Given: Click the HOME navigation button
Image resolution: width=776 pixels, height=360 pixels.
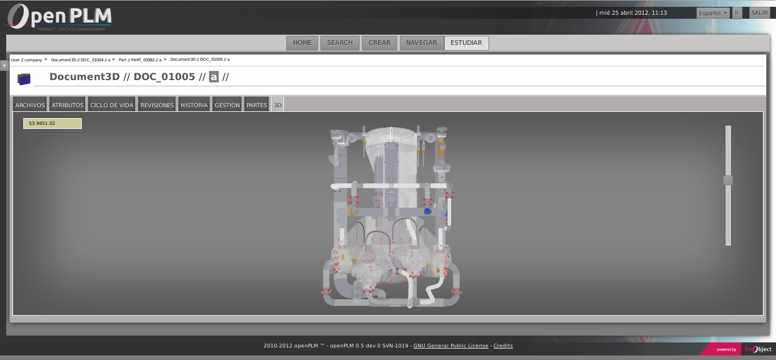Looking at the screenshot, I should [x=302, y=43].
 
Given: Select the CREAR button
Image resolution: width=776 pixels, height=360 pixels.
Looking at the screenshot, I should [x=379, y=43].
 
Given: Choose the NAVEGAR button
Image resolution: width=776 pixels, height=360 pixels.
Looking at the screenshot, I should [x=422, y=43].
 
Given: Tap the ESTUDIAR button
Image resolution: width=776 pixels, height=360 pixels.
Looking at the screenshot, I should [x=466, y=43].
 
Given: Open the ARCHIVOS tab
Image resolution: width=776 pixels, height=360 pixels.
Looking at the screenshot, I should [x=30, y=105].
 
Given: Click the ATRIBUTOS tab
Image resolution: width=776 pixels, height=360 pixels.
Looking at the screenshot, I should [x=68, y=105].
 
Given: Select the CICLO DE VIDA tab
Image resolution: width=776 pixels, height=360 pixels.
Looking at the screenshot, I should [x=112, y=105].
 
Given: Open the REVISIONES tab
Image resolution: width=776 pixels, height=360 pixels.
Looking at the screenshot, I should [x=157, y=105].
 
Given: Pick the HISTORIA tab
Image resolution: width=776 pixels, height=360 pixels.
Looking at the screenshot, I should [x=194, y=105].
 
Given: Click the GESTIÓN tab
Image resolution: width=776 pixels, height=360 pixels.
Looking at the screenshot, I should [x=227, y=105].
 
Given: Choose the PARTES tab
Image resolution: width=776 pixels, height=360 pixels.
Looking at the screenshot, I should [x=257, y=105].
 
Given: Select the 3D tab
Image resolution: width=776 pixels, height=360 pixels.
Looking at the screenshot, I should [x=278, y=105].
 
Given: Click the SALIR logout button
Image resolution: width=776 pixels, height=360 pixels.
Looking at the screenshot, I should [x=760, y=13].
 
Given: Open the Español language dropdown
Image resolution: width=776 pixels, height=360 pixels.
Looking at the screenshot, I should [x=713, y=13].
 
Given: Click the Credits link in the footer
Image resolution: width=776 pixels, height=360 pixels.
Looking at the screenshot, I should [x=503, y=346].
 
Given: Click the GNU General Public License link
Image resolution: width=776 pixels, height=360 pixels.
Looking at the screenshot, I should [x=450, y=346].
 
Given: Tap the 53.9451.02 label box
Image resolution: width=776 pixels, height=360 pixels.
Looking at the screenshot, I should [x=52, y=123].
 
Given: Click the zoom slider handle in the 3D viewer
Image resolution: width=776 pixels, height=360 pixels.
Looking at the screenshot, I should [x=728, y=181].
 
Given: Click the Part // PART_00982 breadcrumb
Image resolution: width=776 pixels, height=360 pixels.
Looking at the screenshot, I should [x=140, y=60].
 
